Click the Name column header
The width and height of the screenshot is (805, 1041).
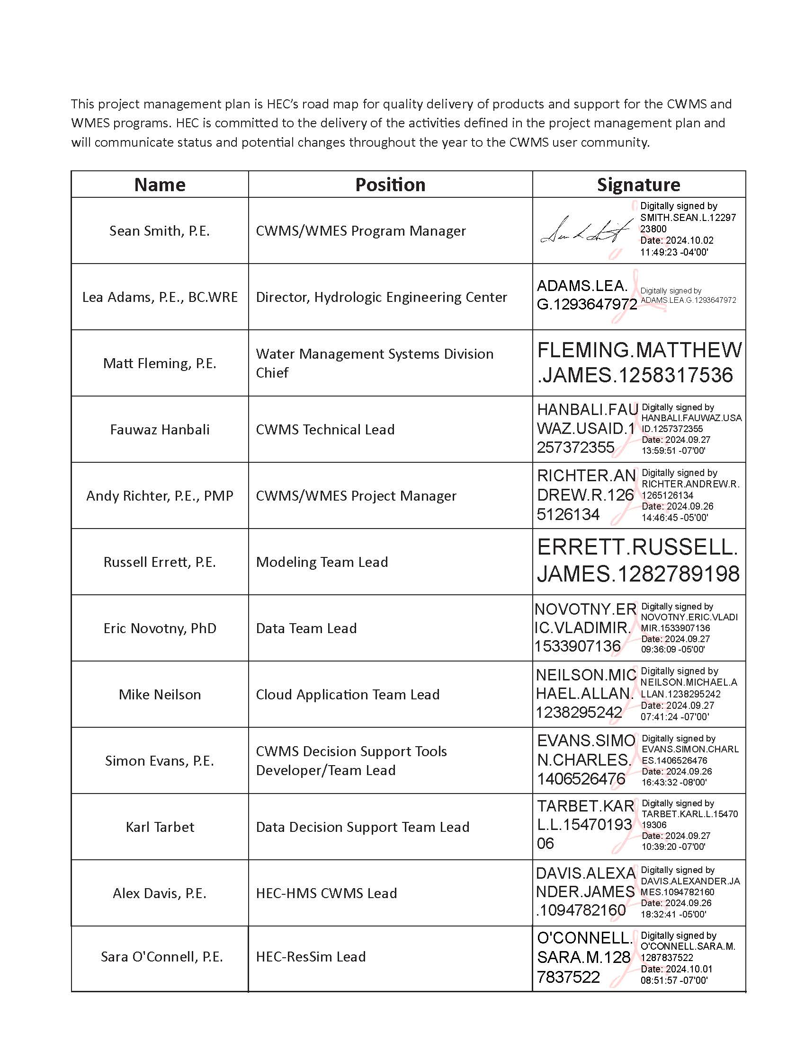(160, 185)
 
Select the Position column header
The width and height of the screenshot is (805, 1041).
(390, 185)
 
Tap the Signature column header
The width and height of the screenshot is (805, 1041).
(639, 185)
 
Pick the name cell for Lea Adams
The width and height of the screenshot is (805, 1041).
(160, 297)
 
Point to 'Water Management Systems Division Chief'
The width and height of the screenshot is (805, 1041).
(375, 363)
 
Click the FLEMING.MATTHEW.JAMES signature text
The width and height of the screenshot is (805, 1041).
(639, 363)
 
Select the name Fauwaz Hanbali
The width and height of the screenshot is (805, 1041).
(160, 430)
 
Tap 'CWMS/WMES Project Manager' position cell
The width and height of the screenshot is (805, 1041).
(356, 496)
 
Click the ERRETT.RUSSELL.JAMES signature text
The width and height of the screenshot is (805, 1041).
(638, 561)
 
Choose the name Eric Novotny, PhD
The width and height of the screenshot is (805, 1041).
(160, 628)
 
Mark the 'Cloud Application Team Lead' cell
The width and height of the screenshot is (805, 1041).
(348, 695)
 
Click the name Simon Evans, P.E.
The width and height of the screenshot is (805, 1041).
(160, 761)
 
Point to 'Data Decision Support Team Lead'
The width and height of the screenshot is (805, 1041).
(362, 827)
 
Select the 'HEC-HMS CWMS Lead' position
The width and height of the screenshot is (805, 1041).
(326, 893)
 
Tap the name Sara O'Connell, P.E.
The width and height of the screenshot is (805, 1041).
(161, 957)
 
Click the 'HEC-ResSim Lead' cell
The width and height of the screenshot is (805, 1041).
(311, 957)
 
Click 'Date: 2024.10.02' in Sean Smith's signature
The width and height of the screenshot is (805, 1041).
(677, 240)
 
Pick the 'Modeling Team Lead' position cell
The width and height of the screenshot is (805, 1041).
(322, 562)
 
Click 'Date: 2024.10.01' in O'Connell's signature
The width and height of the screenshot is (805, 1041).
(677, 969)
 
